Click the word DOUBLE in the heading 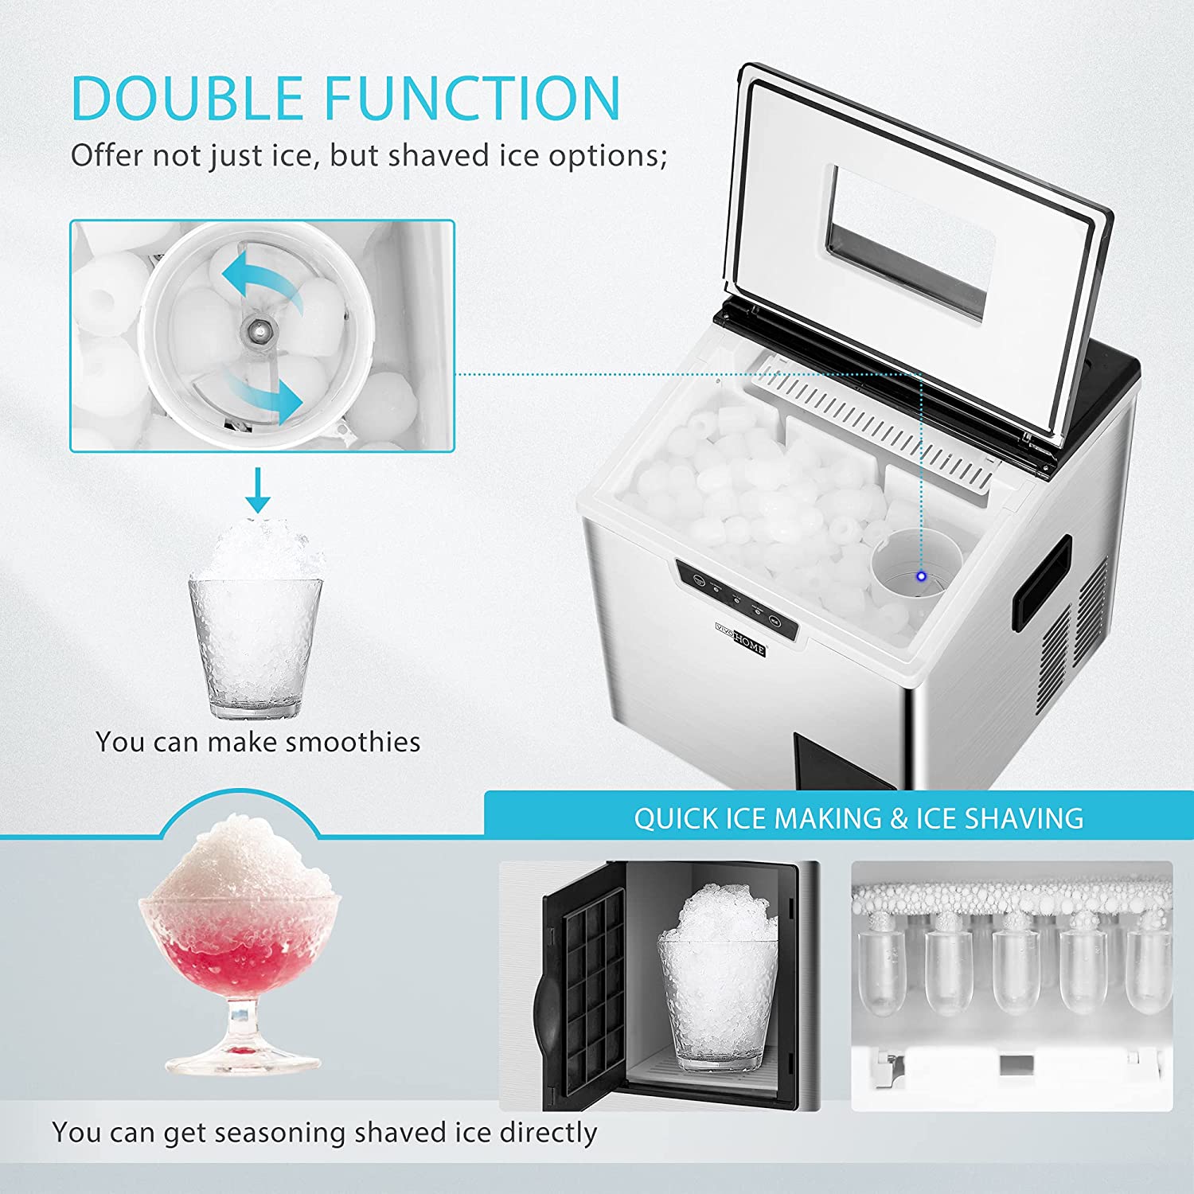coord(187,98)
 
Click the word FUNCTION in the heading coord(472,98)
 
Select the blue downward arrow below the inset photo coord(257,490)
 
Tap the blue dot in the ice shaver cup coord(921,576)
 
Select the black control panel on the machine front coord(737,599)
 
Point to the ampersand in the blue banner coord(899,818)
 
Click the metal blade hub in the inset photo coord(259,329)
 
